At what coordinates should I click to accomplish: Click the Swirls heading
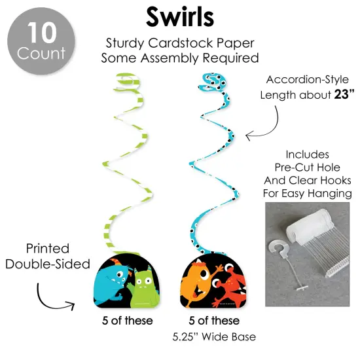click(180, 17)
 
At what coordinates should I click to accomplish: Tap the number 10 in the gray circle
click(42, 33)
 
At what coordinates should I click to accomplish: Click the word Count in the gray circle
click(41, 53)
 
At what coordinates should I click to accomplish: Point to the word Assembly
click(170, 58)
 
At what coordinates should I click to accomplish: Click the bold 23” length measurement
click(344, 94)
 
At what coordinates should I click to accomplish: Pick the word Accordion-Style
click(308, 80)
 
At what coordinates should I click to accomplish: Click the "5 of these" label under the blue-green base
click(128, 321)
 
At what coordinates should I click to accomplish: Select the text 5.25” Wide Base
click(214, 337)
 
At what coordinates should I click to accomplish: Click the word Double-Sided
click(48, 264)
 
